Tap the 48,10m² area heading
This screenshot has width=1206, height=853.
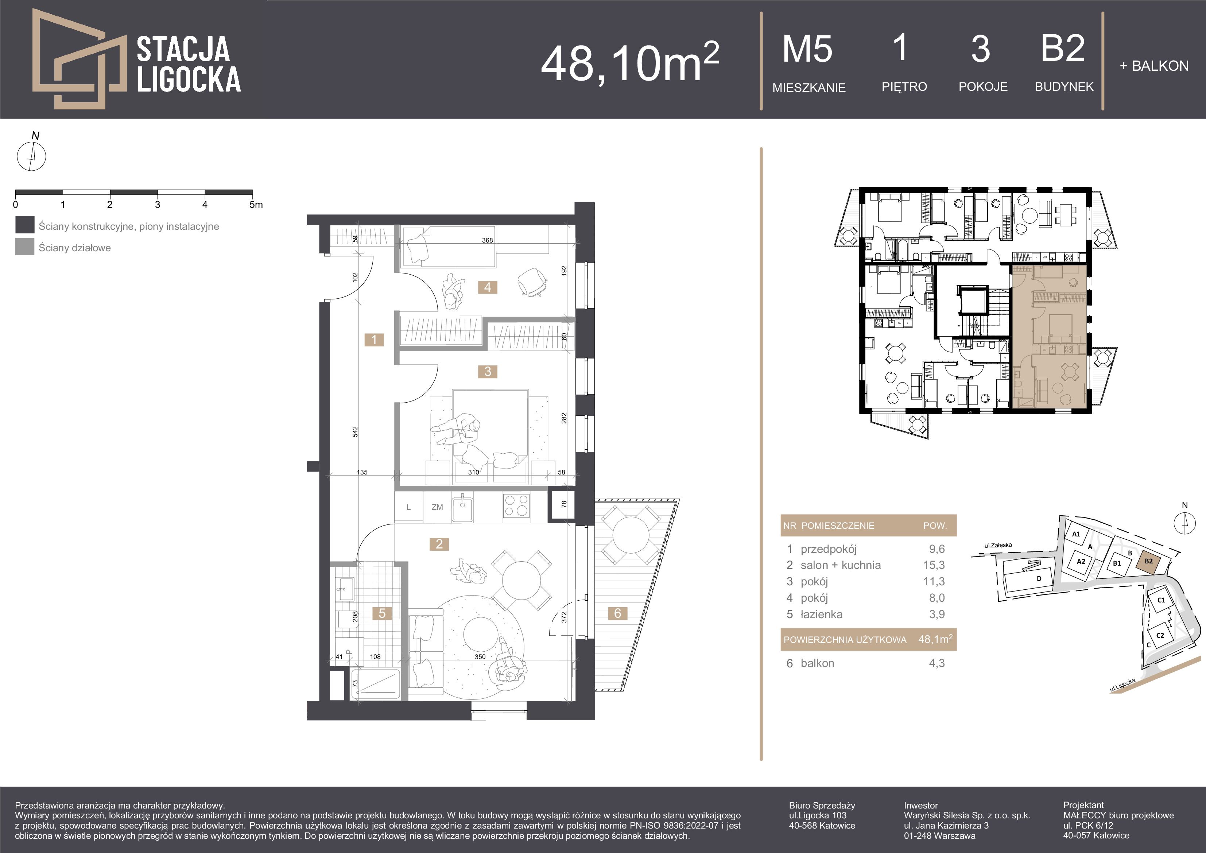tap(630, 62)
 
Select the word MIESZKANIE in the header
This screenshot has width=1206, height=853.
tap(809, 88)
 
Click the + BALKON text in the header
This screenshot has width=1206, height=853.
tap(1154, 66)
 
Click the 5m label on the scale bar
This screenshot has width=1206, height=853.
tap(256, 204)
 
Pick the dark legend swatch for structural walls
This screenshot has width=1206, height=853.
tap(25, 225)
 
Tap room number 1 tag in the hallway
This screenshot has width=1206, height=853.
tap(374, 340)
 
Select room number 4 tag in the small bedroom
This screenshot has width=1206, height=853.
tap(488, 287)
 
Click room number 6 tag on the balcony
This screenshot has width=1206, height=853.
tap(618, 613)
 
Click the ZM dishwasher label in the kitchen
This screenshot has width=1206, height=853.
tap(437, 507)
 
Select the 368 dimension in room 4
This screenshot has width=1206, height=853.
tap(488, 240)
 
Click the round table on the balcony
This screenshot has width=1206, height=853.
tap(630, 534)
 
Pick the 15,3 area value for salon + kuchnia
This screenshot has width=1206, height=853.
tap(937, 565)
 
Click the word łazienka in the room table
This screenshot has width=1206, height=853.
tap(822, 614)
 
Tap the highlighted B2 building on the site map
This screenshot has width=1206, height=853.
tap(1149, 561)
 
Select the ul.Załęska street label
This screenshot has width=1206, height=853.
tap(998, 545)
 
